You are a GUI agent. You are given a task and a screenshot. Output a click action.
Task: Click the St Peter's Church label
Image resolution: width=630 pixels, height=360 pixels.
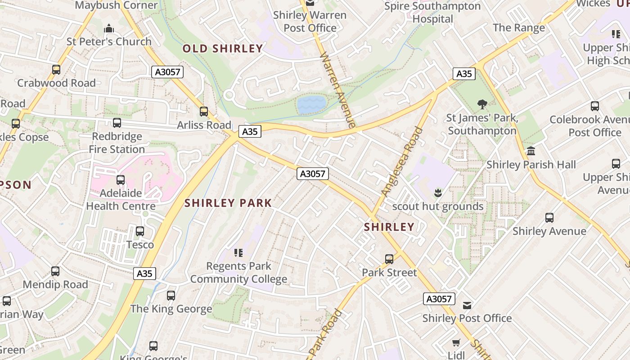pos(109,41)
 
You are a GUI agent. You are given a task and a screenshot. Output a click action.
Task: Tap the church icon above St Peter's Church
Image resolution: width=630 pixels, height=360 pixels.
pos(109,29)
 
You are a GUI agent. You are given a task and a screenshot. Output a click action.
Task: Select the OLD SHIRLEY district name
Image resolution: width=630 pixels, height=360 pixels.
pos(223,49)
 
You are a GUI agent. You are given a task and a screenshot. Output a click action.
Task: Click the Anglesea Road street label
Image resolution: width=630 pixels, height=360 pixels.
pos(402,162)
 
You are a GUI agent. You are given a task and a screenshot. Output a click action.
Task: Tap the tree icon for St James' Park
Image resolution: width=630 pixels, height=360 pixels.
pos(482,105)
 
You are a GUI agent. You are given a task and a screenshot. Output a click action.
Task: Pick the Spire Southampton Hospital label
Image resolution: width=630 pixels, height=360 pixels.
pos(432,13)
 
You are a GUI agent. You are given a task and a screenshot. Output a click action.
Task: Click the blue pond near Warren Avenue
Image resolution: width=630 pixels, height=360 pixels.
pos(311,104)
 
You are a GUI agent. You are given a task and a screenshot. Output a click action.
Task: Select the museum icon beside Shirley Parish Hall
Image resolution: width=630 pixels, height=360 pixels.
pos(531,151)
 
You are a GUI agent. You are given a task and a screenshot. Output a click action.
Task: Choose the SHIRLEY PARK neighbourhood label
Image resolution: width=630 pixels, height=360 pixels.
pos(228,203)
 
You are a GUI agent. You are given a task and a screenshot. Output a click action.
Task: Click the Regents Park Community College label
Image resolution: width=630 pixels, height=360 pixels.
pos(238,272)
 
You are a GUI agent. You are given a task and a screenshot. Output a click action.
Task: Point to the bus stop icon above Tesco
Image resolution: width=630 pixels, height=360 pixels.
pos(140,231)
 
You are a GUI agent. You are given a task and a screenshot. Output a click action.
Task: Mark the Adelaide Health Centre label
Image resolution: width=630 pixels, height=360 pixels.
pos(121,199)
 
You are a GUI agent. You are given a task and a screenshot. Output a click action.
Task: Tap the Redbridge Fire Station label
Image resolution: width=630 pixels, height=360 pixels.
pos(117,143)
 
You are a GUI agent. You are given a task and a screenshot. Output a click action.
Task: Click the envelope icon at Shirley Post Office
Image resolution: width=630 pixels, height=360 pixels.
pos(467,306)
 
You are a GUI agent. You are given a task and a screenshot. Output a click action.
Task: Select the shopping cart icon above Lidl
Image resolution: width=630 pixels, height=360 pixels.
pos(456,342)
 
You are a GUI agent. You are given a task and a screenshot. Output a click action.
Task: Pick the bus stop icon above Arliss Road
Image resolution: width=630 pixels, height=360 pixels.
pos(204,112)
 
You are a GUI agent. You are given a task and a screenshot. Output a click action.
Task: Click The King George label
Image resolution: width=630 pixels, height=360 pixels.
pos(171,309)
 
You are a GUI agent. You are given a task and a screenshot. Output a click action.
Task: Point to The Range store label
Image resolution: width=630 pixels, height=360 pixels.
pos(519,27)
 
